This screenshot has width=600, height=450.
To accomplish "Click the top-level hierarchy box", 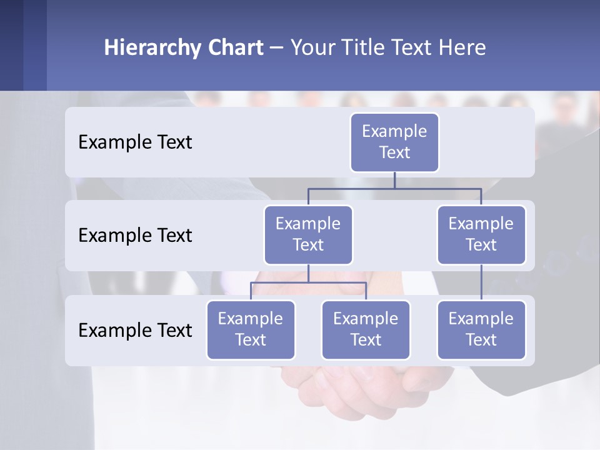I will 394,142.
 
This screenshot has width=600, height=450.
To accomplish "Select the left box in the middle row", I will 308,234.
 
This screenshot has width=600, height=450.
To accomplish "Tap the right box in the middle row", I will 481,234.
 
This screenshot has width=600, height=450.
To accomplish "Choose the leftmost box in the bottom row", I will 251,329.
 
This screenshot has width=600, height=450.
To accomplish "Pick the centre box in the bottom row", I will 366,329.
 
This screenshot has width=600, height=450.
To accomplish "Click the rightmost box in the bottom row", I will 481,329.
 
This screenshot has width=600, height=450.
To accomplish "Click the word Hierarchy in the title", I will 152,47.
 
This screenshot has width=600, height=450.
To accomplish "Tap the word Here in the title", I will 462,47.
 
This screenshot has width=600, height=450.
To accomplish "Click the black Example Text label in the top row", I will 135,142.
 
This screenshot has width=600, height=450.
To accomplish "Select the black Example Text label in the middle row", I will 135,235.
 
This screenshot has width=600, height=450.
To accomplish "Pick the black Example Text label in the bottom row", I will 135,330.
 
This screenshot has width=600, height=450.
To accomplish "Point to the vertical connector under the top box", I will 394,180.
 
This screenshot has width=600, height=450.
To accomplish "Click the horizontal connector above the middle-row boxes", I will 394,188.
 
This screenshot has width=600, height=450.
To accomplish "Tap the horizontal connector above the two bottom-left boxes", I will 308,282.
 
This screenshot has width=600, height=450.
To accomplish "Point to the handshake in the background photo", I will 350,387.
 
